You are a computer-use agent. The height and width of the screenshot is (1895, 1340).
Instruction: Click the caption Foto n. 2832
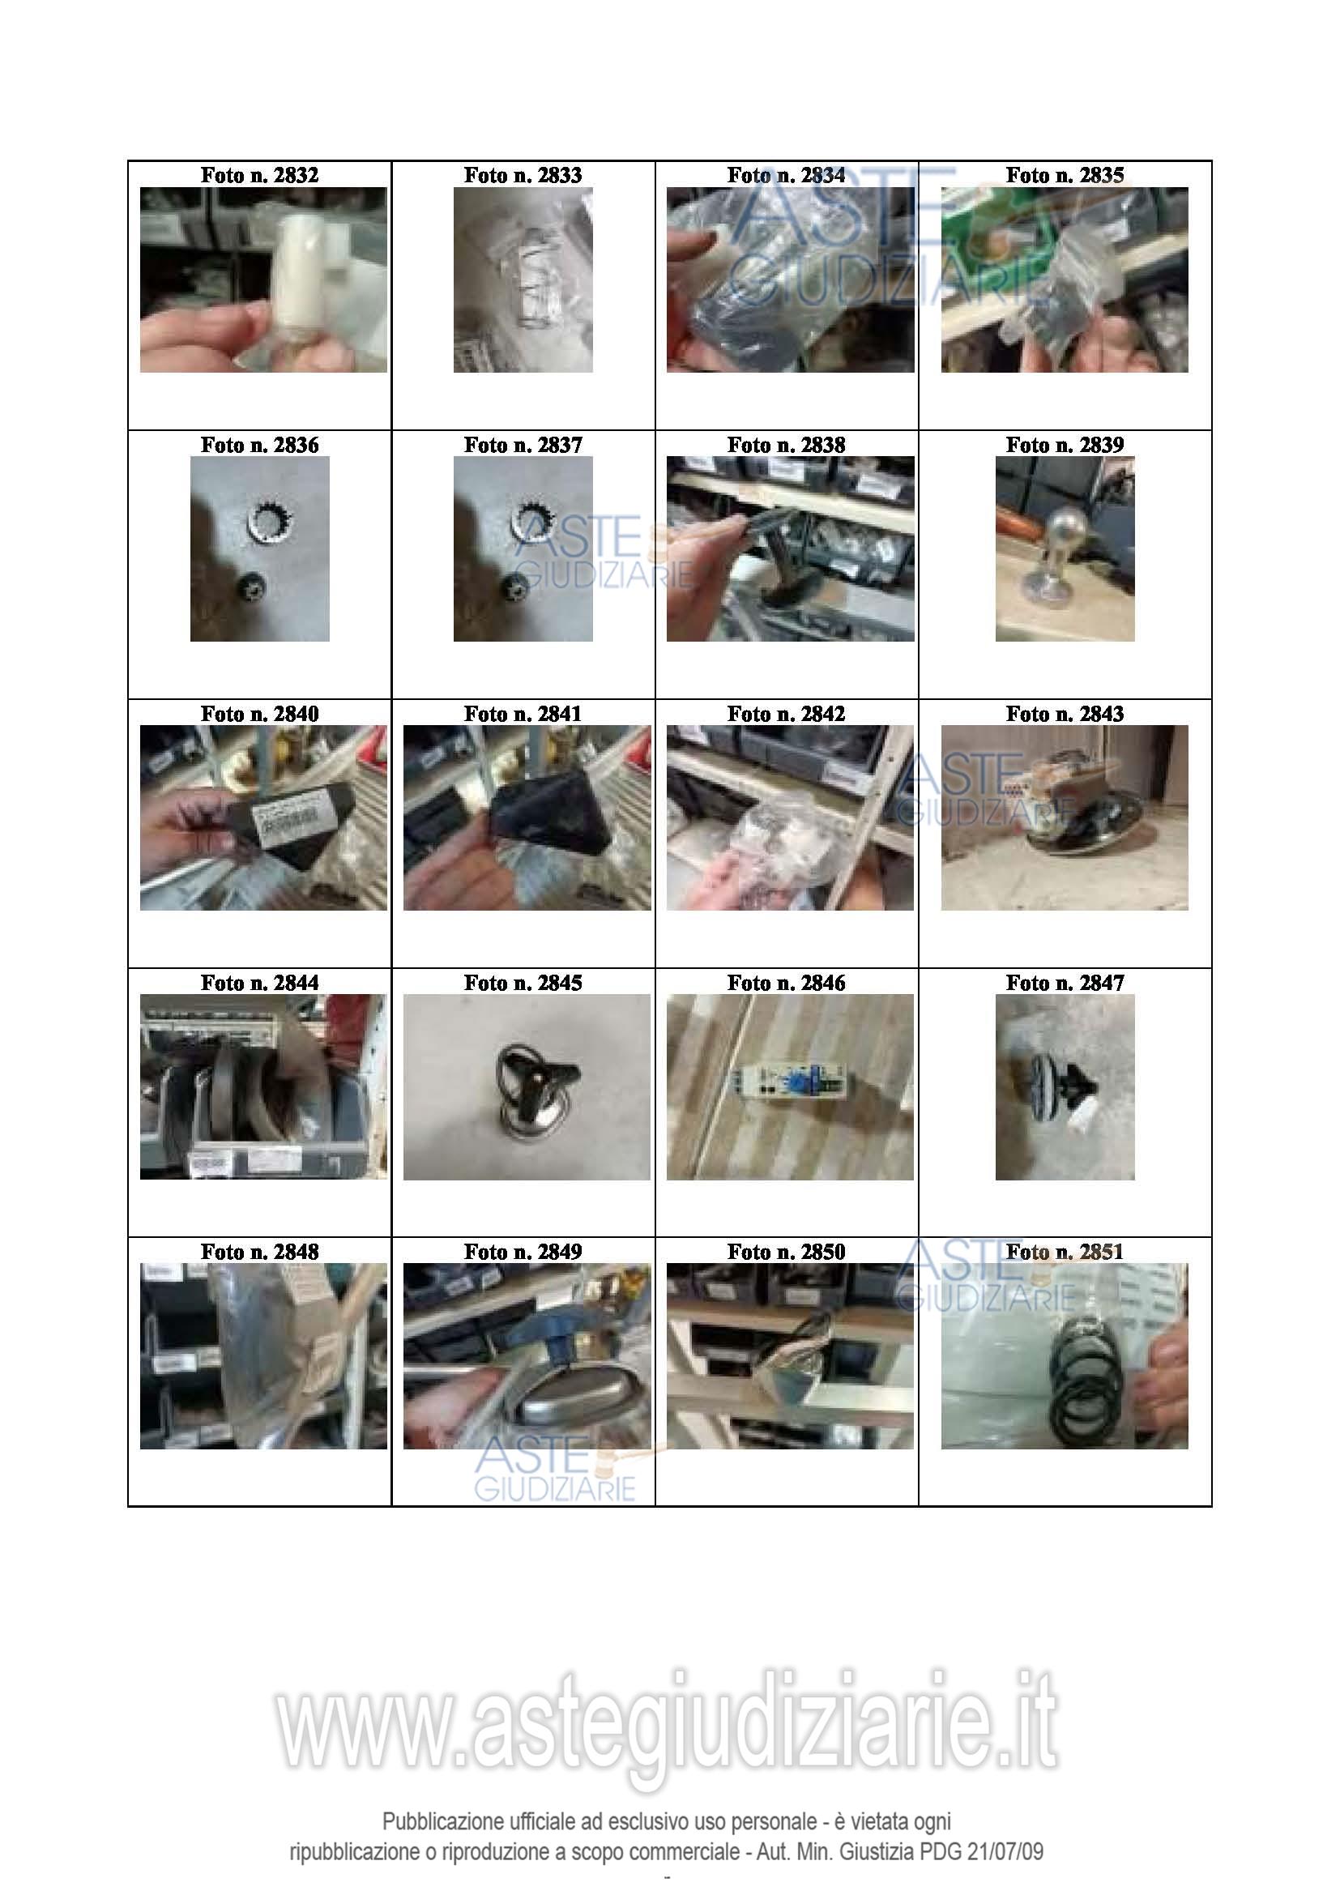tap(259, 175)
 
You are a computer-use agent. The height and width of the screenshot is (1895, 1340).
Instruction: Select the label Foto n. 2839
tap(1065, 445)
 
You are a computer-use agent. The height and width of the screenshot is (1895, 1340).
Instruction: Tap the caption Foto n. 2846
tap(787, 983)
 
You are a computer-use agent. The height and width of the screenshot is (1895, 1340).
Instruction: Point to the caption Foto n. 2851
tap(1065, 1252)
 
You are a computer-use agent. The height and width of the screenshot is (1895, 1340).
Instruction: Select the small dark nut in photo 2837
tap(517, 590)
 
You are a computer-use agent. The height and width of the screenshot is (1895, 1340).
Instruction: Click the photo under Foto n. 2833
tap(523, 280)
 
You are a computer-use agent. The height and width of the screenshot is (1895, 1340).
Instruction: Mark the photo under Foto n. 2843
tap(1065, 818)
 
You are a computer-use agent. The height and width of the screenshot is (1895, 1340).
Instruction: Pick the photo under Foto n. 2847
tap(1065, 1087)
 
